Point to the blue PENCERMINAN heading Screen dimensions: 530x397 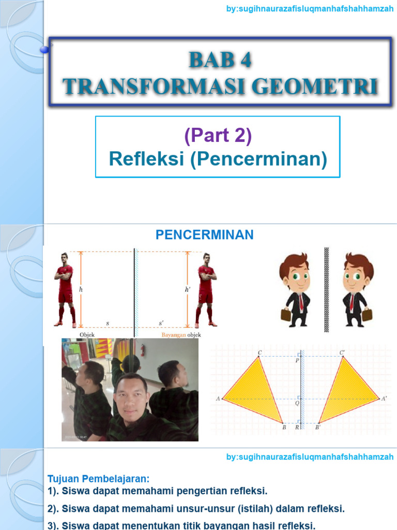click(x=205, y=235)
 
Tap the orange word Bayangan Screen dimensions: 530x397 click(x=174, y=335)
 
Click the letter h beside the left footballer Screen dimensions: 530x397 click(x=81, y=290)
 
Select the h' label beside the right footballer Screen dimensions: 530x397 click(x=187, y=290)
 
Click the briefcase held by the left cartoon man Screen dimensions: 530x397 click(x=286, y=314)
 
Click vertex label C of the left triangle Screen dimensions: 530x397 click(x=259, y=353)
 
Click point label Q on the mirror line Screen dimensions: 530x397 click(x=297, y=403)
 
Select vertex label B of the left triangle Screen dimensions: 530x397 click(x=284, y=428)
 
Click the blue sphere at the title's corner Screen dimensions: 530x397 click(x=44, y=49)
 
